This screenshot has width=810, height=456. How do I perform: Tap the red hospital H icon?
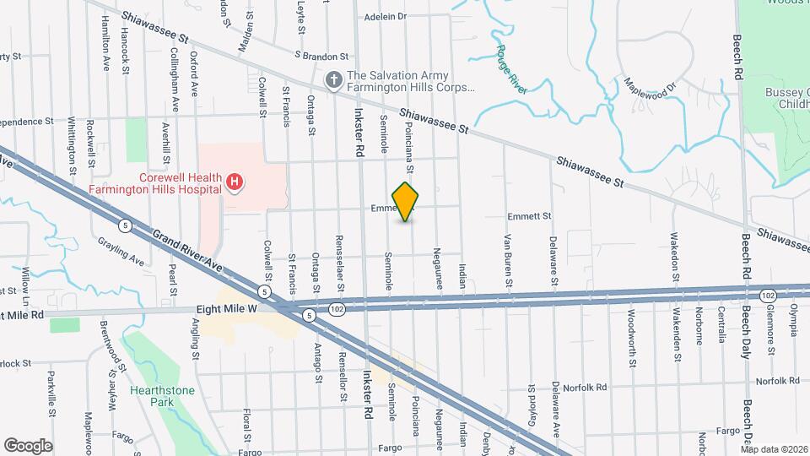point(235,181)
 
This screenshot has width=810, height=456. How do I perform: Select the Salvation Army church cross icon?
point(334,80)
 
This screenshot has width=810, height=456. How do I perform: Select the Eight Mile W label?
point(227,309)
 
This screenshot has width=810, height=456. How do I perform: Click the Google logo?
point(28,445)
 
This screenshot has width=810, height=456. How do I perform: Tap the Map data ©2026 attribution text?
point(774,449)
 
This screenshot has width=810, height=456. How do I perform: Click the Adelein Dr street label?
point(386,16)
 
